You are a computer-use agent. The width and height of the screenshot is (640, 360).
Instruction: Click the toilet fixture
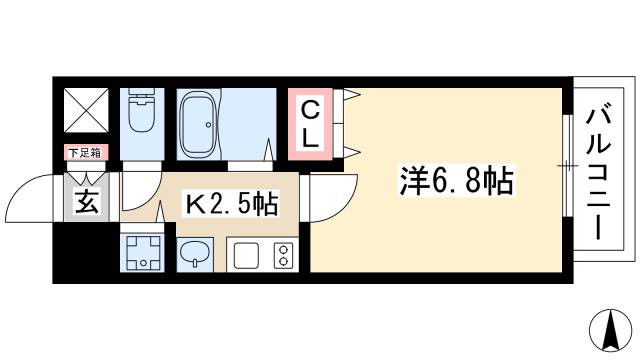click(143, 116)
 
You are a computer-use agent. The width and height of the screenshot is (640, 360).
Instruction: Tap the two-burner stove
click(281, 256)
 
